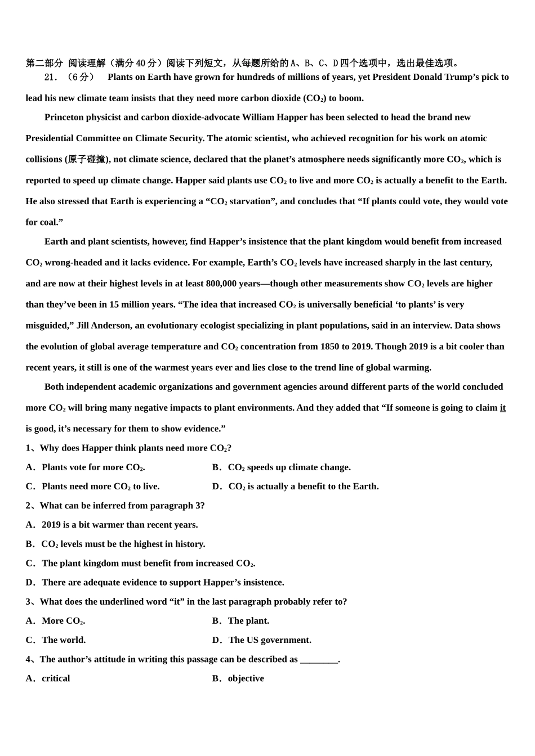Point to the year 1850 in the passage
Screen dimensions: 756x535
(330, 346)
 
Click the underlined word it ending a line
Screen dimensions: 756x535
(502, 408)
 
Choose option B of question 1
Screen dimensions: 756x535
(282, 467)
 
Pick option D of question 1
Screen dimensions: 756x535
(296, 487)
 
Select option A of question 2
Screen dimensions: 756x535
(113, 525)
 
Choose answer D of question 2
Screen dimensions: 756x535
(155, 582)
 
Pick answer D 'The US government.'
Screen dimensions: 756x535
(262, 640)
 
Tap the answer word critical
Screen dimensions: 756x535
(56, 678)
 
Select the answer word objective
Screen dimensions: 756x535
(246, 678)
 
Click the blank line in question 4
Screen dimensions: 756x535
(319, 660)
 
